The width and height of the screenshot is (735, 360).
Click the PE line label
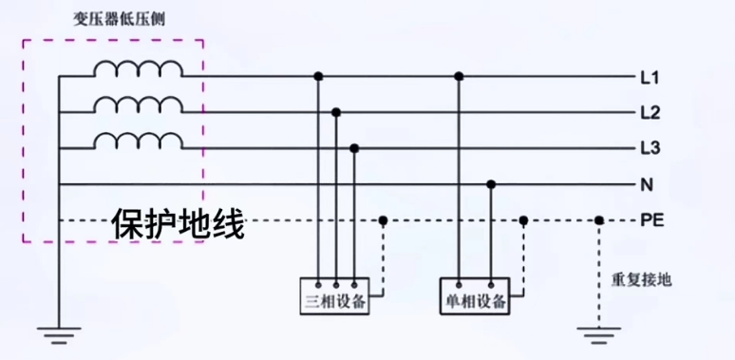click(652, 221)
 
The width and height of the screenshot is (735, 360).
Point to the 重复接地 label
click(641, 279)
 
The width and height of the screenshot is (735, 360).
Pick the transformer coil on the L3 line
click(139, 141)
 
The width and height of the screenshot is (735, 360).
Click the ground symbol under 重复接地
click(599, 332)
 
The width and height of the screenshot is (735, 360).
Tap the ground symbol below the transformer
click(59, 333)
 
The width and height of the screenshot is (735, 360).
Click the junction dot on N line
click(491, 184)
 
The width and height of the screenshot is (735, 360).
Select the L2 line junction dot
click(336, 112)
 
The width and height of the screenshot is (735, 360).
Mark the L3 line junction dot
click(354, 148)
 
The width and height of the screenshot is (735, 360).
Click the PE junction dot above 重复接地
click(599, 220)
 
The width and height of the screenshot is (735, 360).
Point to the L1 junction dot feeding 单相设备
click(459, 76)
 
